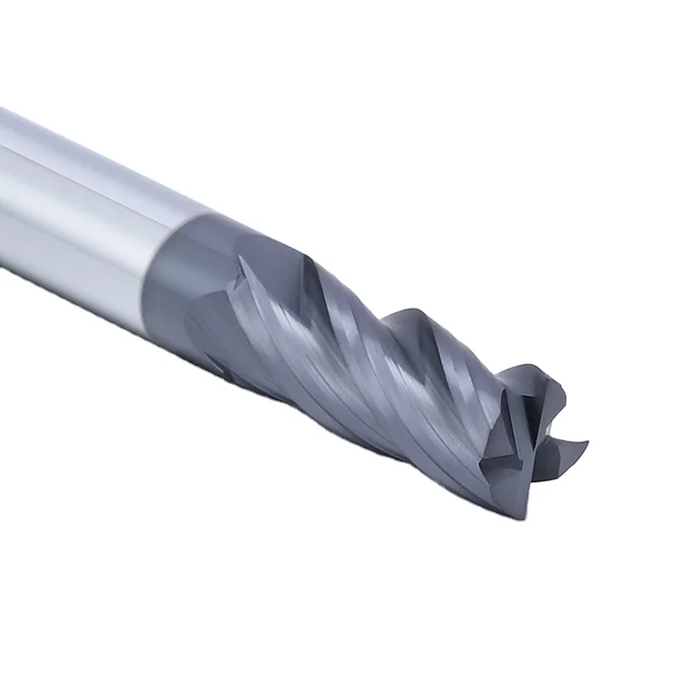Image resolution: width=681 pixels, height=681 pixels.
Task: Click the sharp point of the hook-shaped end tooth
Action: click(x=586, y=444)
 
